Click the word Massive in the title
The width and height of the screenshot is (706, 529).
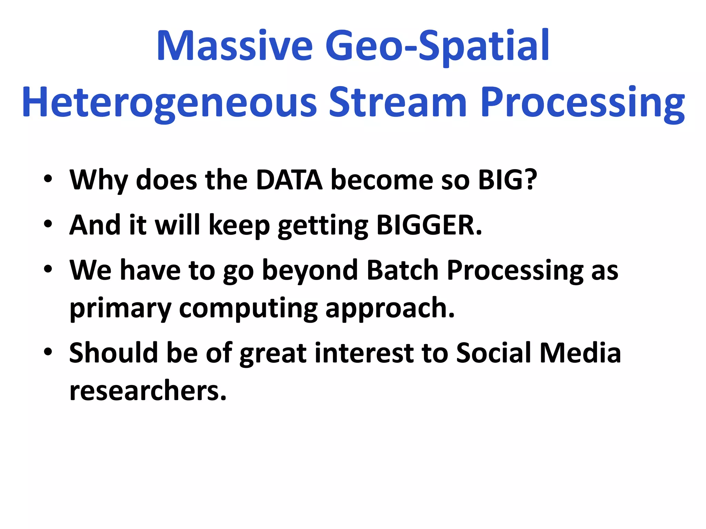pyautogui.click(x=234, y=46)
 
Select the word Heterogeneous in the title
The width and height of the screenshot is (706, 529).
pyautogui.click(x=169, y=102)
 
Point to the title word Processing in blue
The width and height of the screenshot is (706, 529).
pyautogui.click(x=583, y=102)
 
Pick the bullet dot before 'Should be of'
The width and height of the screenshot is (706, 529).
pyautogui.click(x=48, y=352)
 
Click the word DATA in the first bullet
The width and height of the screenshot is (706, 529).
pyautogui.click(x=289, y=179)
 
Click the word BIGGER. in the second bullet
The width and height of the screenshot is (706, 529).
pyautogui.click(x=429, y=225)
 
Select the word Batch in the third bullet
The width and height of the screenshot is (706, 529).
pyautogui.click(x=402, y=270)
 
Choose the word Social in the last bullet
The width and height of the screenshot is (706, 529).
pyautogui.click(x=493, y=353)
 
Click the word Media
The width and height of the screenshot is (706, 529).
pyautogui.click(x=580, y=353)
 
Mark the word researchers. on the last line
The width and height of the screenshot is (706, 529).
pyautogui.click(x=148, y=391)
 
